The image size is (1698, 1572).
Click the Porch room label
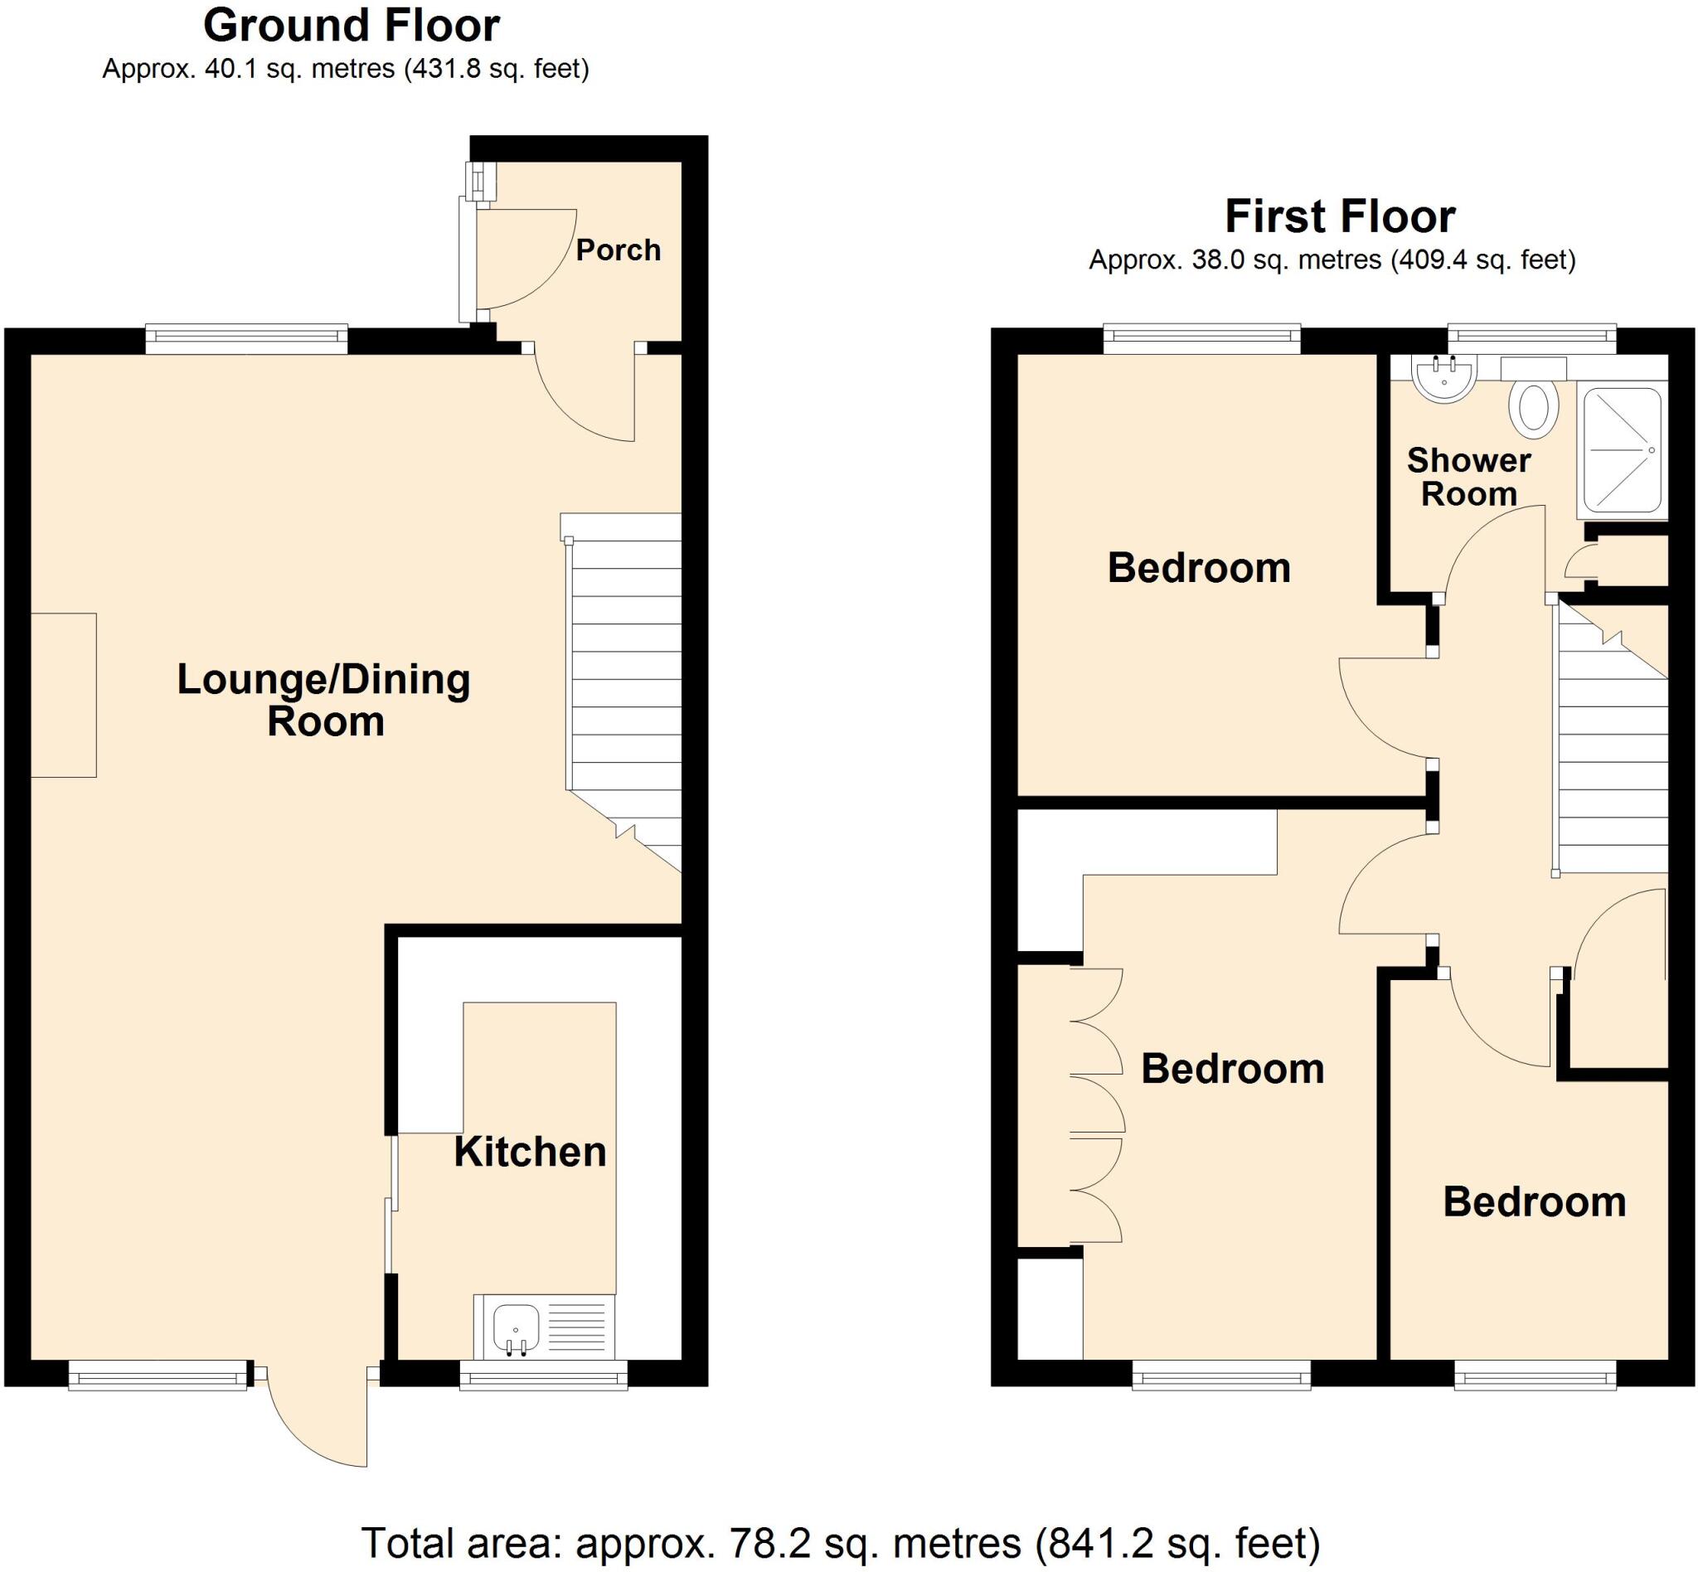(x=618, y=250)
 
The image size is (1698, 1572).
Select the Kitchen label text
(x=530, y=1152)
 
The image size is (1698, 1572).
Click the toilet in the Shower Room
(x=1533, y=407)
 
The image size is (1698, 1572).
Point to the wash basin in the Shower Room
(x=1443, y=378)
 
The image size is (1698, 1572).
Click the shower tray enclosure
(x=1621, y=452)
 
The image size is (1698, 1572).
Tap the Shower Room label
(x=1468, y=478)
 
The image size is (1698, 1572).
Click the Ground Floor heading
(x=351, y=26)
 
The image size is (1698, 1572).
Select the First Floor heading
(x=1340, y=216)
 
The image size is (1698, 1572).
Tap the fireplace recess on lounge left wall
(x=64, y=695)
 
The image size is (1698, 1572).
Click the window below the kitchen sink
(x=544, y=1375)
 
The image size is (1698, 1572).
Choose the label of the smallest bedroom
(x=1534, y=1203)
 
